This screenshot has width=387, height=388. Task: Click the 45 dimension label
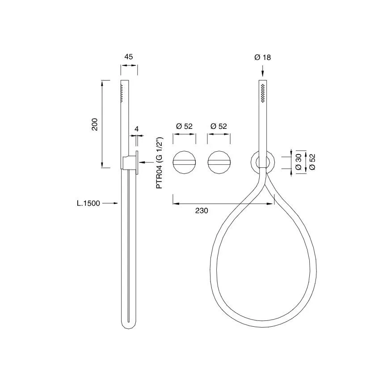pyautogui.click(x=129, y=57)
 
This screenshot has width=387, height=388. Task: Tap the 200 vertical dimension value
pyautogui.click(x=95, y=124)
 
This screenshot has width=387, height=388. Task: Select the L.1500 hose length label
pyautogui.click(x=88, y=204)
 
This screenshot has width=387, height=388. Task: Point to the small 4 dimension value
pyautogui.click(x=137, y=129)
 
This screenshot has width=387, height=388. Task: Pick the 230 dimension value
pyautogui.click(x=202, y=211)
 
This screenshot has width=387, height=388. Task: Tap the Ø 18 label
pyautogui.click(x=262, y=57)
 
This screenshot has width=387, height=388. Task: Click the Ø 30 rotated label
pyautogui.click(x=299, y=162)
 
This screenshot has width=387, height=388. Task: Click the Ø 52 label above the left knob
pyautogui.click(x=184, y=126)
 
